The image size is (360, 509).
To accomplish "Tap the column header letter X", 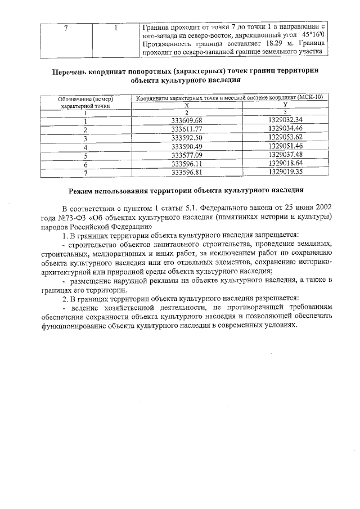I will point(186,105).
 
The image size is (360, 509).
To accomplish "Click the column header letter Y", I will point(285,105).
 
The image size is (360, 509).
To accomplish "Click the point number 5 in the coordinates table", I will point(85,155).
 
